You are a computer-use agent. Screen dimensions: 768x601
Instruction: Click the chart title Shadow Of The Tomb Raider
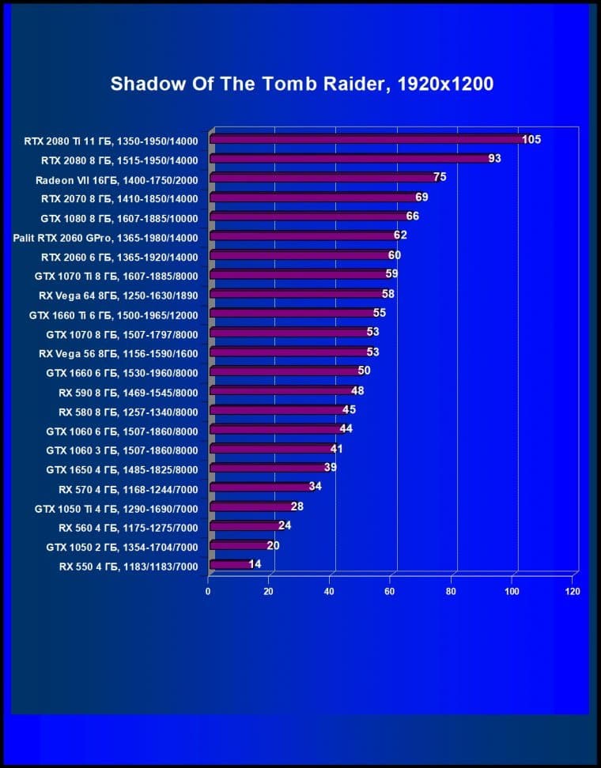[x=301, y=85]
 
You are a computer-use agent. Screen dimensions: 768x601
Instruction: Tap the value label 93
[x=495, y=159]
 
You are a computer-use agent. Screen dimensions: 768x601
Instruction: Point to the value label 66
[x=412, y=216]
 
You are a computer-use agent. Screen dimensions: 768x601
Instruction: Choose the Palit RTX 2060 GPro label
[x=105, y=237]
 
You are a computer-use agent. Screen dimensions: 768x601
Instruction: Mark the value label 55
[x=380, y=314]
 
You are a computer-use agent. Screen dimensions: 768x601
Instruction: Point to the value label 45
[x=349, y=410]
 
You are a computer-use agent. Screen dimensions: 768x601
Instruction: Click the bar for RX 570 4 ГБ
[x=260, y=488]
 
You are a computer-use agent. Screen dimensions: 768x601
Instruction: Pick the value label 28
[x=297, y=506]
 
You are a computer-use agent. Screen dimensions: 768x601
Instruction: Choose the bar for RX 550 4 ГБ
[x=230, y=564]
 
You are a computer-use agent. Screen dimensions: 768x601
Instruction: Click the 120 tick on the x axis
[x=573, y=592]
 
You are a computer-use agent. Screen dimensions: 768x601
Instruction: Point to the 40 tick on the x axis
[x=329, y=592]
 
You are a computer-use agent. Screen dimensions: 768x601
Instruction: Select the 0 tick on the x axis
[x=208, y=592]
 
